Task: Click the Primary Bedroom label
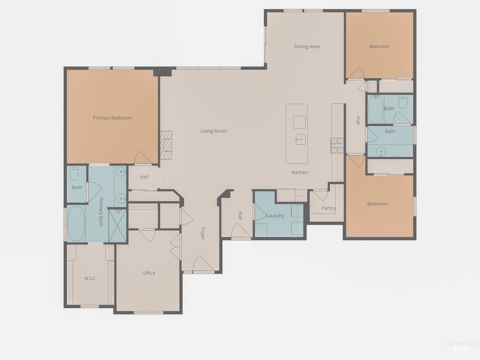[x=112, y=118]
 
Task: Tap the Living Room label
[x=214, y=131]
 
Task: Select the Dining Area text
[x=307, y=46]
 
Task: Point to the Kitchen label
[x=300, y=172]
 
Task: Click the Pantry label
[x=328, y=208]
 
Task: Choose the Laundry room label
[x=275, y=216]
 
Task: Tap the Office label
[x=149, y=273]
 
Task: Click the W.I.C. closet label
[x=90, y=278]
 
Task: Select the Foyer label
[x=203, y=233]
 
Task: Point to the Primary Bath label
[x=101, y=212]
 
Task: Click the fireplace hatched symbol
[x=166, y=145]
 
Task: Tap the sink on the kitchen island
[x=300, y=139]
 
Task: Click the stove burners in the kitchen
[x=337, y=146]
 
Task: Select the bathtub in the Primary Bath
[x=76, y=224]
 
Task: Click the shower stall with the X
[x=117, y=226]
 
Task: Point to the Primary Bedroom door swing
[x=143, y=158]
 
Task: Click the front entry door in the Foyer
[x=203, y=264]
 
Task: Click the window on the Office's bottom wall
[x=148, y=313]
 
